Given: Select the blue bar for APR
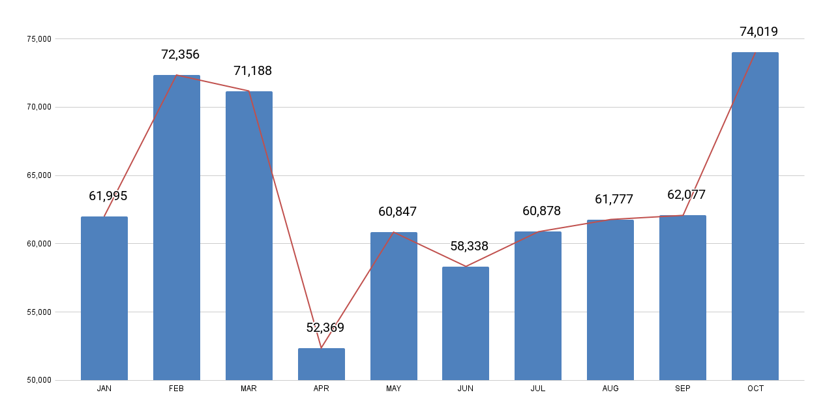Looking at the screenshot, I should [x=321, y=364].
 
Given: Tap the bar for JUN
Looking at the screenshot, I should [x=465, y=323].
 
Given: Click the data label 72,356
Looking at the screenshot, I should [x=180, y=55].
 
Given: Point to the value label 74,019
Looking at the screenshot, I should [x=758, y=32].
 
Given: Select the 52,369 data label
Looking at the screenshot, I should [x=325, y=328].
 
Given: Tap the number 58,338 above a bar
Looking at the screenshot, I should [x=469, y=246].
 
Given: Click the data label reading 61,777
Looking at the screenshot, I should [x=614, y=200].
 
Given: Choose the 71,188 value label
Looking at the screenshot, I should [x=252, y=71].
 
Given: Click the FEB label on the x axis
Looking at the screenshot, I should [x=176, y=389].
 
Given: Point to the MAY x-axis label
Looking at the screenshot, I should [x=393, y=389].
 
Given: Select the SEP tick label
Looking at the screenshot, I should [x=683, y=389].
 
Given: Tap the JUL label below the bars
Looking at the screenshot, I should [x=538, y=389].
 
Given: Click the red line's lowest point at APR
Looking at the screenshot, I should [x=321, y=348].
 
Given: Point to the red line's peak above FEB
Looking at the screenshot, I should [x=177, y=76].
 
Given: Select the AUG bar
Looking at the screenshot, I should [x=610, y=300].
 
